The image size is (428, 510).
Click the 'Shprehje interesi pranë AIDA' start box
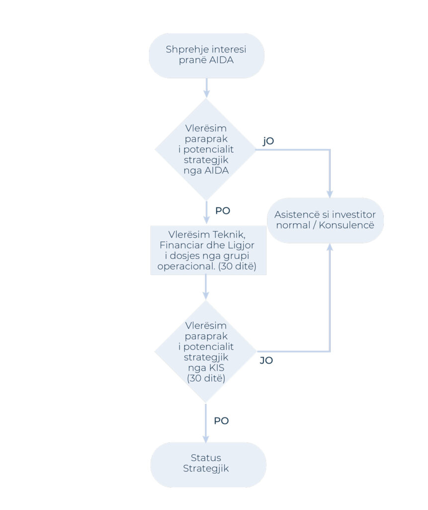(206, 55)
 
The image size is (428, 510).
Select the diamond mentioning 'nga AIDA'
(206, 149)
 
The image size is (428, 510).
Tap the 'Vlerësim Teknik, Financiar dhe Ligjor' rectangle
(208, 250)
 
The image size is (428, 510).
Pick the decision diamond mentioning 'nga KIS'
(206, 351)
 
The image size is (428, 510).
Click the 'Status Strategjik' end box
(208, 465)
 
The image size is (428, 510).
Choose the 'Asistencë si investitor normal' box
(325, 220)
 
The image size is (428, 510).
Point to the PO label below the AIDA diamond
(223, 211)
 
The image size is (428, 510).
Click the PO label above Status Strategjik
(222, 421)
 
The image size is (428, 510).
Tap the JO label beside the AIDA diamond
(268, 141)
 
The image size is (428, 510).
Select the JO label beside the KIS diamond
(266, 361)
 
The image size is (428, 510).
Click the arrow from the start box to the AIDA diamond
(206, 88)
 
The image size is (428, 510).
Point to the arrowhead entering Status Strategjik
(206, 439)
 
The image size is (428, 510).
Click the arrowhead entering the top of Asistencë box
(330, 194)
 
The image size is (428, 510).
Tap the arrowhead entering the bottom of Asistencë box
(330, 247)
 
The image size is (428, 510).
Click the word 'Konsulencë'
(346, 225)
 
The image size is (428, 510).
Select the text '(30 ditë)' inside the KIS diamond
(206, 379)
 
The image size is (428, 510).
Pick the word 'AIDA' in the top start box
(221, 60)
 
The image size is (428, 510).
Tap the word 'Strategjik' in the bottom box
(206, 469)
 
